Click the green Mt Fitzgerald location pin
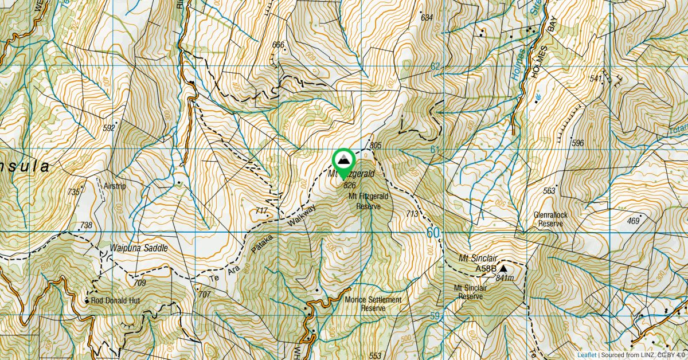pyautogui.click(x=343, y=161)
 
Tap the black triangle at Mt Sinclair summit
pyautogui.click(x=503, y=268)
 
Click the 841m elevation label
pyautogui.click(x=505, y=278)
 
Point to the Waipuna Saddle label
pyautogui.click(x=139, y=248)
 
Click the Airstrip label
pyautogui.click(x=114, y=186)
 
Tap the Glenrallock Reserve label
pyautogui.click(x=549, y=219)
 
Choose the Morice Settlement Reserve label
pyautogui.click(x=373, y=304)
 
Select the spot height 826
pyautogui.click(x=349, y=185)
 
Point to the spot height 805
pyautogui.click(x=376, y=146)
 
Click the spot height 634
pyautogui.click(x=427, y=18)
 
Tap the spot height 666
pyautogui.click(x=279, y=45)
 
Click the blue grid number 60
pyautogui.click(x=435, y=233)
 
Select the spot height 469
pyautogui.click(x=633, y=221)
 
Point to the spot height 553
pyautogui.click(x=376, y=355)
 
